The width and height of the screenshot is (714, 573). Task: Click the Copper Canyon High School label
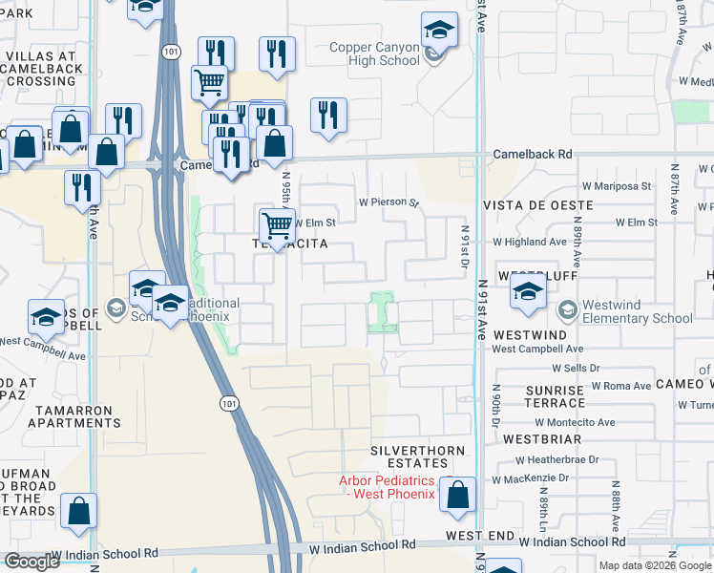(x=374, y=53)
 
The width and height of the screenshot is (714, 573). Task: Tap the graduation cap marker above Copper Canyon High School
(x=438, y=32)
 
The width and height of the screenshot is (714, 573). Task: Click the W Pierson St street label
(x=388, y=202)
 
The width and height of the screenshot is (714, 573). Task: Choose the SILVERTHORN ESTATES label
(x=418, y=457)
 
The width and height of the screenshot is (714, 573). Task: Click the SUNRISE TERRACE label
(x=555, y=397)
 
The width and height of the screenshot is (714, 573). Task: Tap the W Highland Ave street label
(x=530, y=243)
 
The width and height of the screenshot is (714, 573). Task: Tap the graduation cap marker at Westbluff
(x=526, y=293)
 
